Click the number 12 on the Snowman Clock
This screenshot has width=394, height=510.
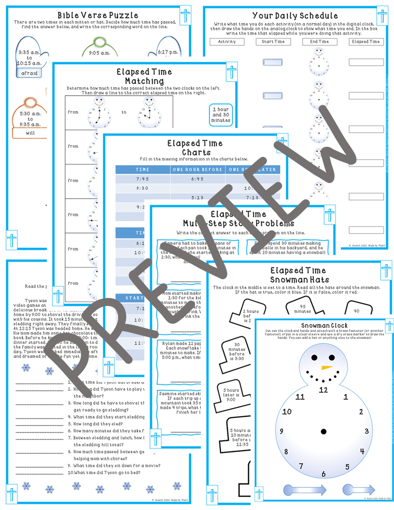[x=323, y=390]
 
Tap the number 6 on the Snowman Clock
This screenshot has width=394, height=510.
[x=323, y=474]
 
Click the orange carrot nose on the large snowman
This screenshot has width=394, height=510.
[x=327, y=367]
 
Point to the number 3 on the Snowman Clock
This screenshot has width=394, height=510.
[x=366, y=431]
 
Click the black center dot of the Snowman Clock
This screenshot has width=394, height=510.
[x=323, y=431]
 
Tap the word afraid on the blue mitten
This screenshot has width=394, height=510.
[x=30, y=73]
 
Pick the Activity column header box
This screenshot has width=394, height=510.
[x=226, y=42]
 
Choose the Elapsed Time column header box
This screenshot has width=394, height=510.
[x=366, y=42]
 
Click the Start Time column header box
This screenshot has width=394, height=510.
[x=273, y=42]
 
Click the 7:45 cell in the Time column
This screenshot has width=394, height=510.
[x=142, y=178]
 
